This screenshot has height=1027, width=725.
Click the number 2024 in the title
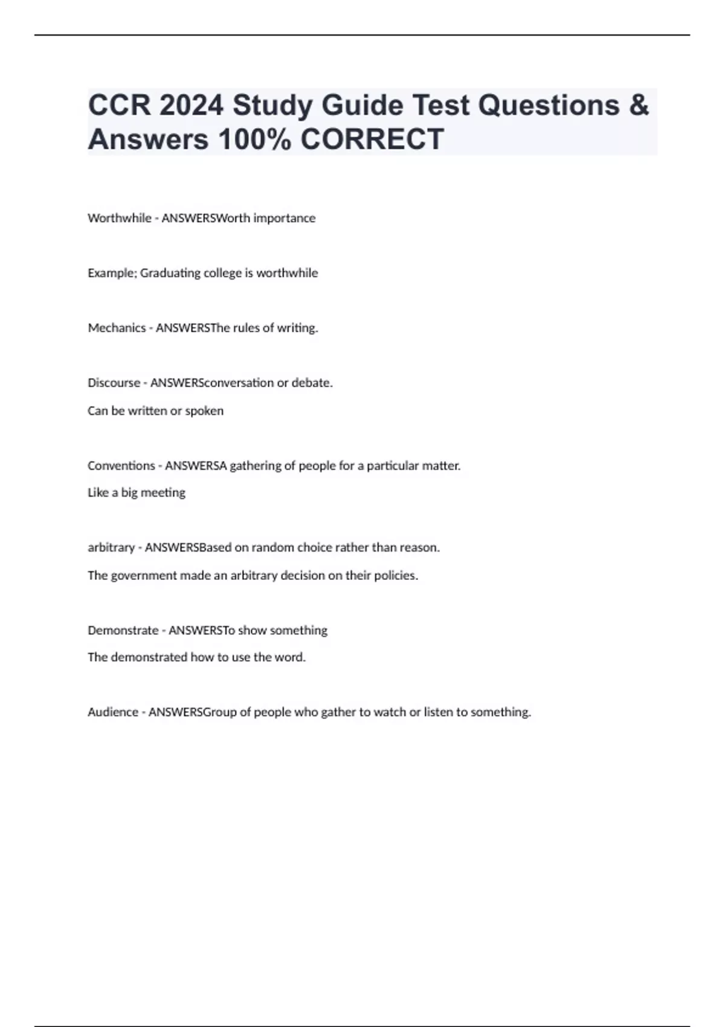[191, 105]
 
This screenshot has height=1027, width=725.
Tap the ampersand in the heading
[639, 105]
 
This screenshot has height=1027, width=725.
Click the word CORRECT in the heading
[372, 139]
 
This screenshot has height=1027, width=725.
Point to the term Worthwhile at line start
[120, 218]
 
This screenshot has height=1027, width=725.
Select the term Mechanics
[117, 328]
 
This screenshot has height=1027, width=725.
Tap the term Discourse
[114, 383]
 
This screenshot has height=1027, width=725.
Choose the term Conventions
[121, 466]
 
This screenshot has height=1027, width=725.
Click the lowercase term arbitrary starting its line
[111, 547]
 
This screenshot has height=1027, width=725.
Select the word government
[144, 576]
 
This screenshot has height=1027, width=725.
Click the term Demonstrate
[123, 631]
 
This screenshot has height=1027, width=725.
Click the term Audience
[113, 712]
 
